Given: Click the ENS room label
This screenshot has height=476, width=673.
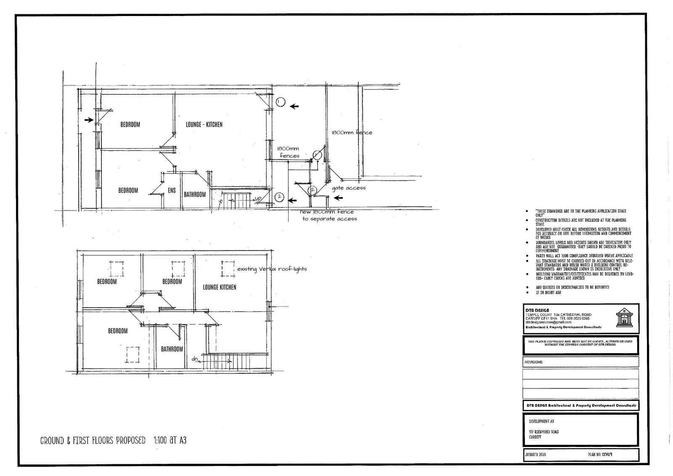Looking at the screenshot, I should point(172,191).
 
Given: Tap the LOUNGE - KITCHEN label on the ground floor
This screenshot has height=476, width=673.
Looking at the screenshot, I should point(204,125).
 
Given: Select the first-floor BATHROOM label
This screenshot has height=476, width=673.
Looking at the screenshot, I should point(172,349).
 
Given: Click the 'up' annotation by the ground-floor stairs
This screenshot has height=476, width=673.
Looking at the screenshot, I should point(258,199).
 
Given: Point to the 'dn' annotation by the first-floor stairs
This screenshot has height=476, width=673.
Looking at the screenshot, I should point(195,359).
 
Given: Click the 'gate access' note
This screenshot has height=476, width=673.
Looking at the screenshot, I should point(349,188).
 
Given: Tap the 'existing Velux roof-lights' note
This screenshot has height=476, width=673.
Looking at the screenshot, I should point(272,269).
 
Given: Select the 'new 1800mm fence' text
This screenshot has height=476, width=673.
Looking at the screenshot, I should point(326,212).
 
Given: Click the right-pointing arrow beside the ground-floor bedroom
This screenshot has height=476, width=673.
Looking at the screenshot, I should point(88,120).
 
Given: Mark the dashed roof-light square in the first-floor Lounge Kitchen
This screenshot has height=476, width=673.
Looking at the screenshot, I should point(228,269).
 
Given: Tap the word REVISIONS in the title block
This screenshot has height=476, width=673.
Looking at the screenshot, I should point(533,362).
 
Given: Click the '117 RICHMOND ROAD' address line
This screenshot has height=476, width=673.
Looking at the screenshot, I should point(544,432).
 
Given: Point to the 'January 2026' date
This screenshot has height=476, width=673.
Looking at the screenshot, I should point(535,455).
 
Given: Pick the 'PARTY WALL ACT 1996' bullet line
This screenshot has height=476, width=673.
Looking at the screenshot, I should point(584,256).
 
